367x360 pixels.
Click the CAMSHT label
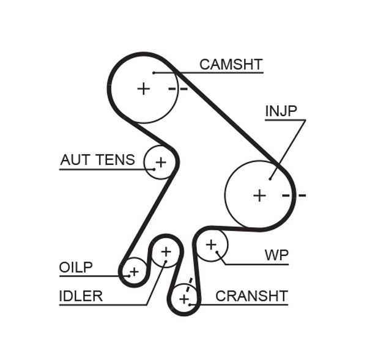click(x=231, y=64)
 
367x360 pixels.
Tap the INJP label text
click(x=281, y=111)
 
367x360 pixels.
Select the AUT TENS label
click(x=97, y=160)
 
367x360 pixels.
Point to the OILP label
click(x=76, y=268)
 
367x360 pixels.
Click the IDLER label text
click(x=81, y=296)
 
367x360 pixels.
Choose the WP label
click(x=276, y=254)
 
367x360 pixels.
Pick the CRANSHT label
click(x=251, y=296)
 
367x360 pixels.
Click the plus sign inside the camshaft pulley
click(x=144, y=89)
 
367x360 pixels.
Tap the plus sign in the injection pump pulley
click(x=260, y=195)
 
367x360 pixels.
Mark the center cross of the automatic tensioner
click(x=160, y=163)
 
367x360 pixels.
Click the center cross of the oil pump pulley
click(x=134, y=271)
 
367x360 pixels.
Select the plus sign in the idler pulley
click(x=166, y=251)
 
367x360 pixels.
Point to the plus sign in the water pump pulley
click(x=211, y=244)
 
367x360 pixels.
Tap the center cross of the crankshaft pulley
click(x=184, y=299)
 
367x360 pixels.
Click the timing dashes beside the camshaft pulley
click(x=178, y=89)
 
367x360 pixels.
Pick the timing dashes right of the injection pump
click(x=294, y=196)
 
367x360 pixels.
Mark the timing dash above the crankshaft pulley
click(x=190, y=282)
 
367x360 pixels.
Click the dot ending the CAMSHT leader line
click(x=154, y=73)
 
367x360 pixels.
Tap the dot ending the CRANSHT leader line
click(x=191, y=304)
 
